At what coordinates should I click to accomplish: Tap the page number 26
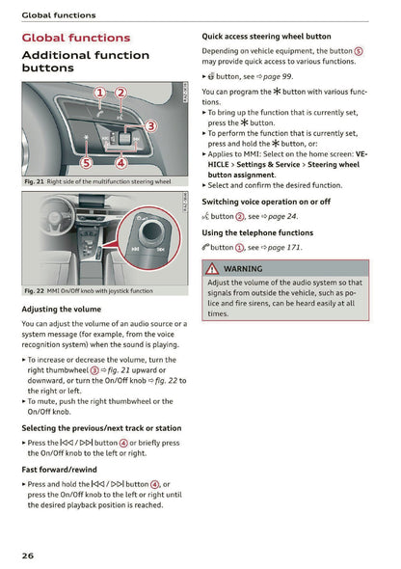[x=30, y=555]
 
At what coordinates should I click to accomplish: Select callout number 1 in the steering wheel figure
[x=100, y=93]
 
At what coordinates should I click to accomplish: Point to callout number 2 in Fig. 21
[x=120, y=93]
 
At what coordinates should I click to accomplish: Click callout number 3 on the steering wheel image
[x=150, y=125]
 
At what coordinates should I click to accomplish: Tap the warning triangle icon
[x=212, y=269]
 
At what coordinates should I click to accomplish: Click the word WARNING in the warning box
[x=242, y=269]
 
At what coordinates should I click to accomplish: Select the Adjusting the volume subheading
[x=61, y=309]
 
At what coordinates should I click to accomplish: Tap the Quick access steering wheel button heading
[x=266, y=37]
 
